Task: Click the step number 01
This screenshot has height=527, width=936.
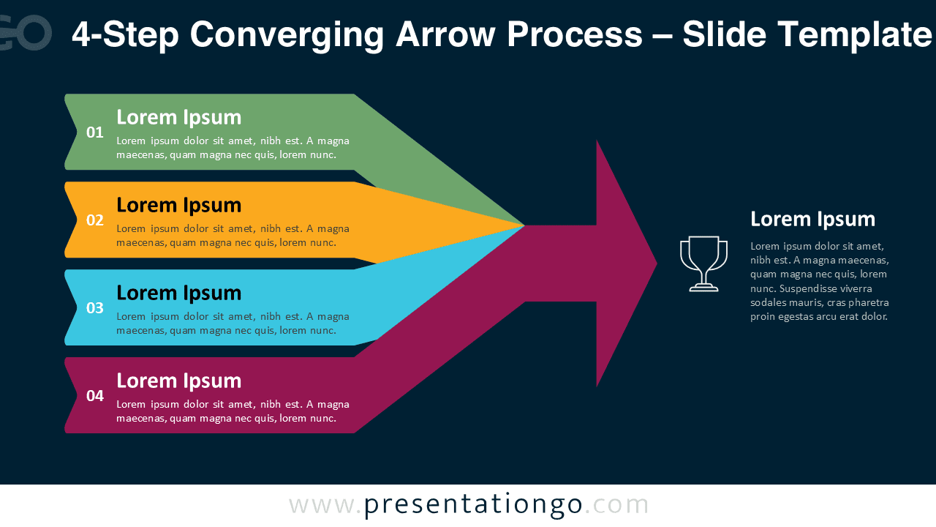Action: coord(95,132)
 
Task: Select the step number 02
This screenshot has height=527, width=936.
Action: coord(95,220)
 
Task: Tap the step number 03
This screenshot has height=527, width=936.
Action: coord(95,308)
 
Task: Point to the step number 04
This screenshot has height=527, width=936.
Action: coord(95,396)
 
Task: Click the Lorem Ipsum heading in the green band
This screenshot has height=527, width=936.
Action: coord(178,117)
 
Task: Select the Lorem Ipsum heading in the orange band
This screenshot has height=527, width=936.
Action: coord(178,205)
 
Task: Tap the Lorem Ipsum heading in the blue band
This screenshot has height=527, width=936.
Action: coord(178,293)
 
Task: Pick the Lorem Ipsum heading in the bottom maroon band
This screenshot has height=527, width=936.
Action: coord(178,381)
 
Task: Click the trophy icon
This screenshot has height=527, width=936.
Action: coord(703,263)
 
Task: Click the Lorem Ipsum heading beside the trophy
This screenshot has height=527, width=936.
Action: coord(812,219)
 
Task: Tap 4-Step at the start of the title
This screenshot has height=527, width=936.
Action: coord(125,34)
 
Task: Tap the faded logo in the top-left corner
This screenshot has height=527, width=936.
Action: coord(26,33)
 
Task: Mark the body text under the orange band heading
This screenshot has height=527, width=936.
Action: coord(233,235)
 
